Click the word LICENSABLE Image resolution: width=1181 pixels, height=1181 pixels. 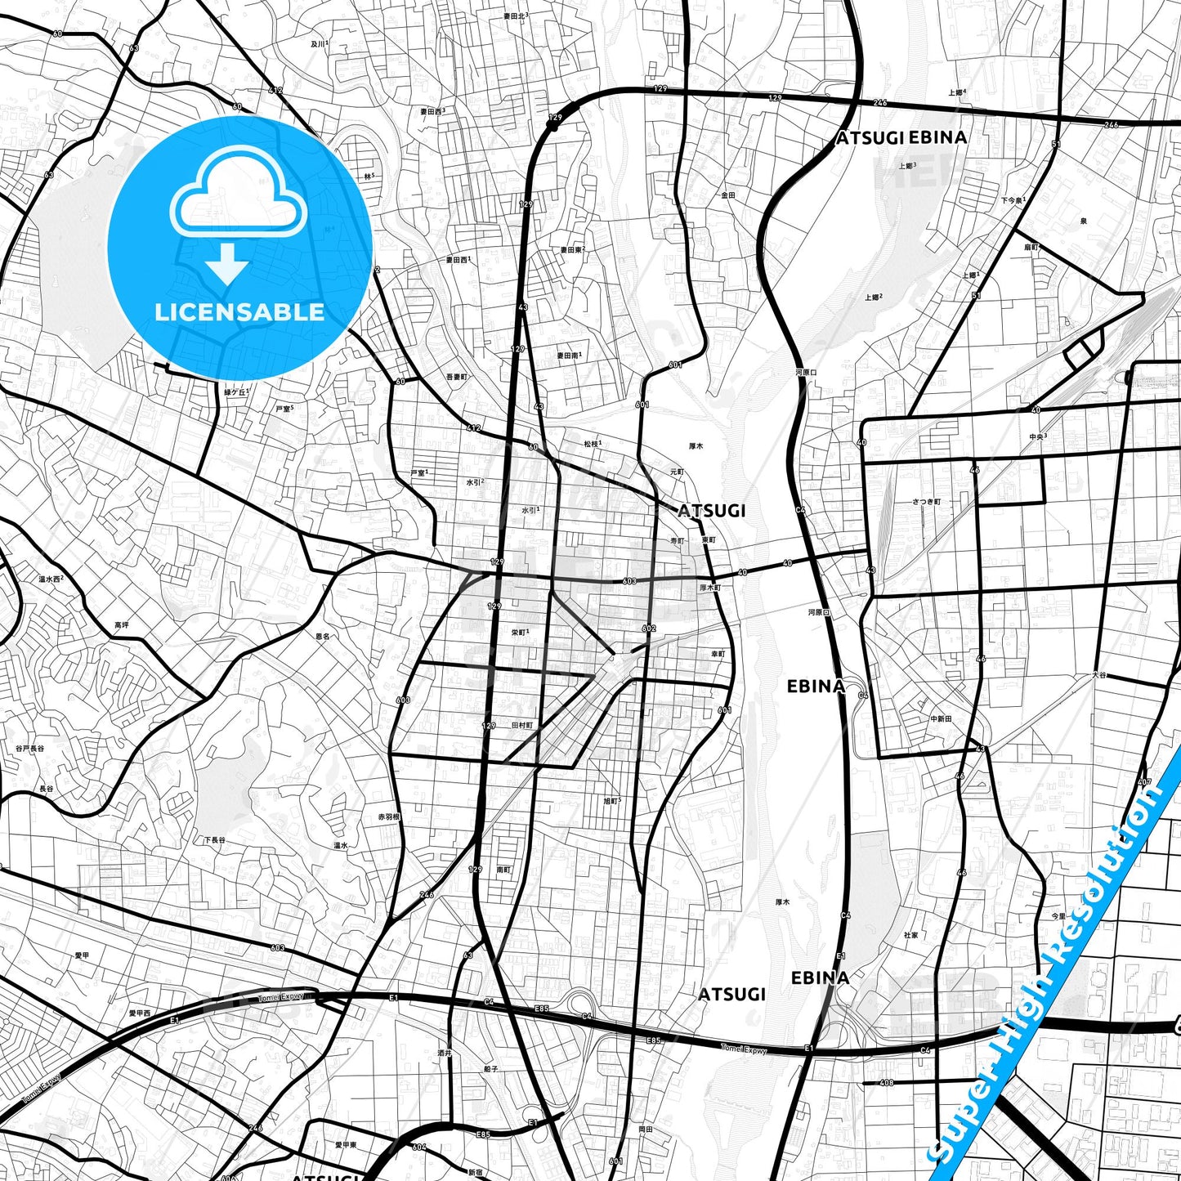(x=239, y=312)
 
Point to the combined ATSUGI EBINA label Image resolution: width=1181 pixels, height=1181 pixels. (x=901, y=138)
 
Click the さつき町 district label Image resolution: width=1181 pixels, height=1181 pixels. (x=927, y=502)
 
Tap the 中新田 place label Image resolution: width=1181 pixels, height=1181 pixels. (x=941, y=719)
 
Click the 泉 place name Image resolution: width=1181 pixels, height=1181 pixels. (x=1084, y=221)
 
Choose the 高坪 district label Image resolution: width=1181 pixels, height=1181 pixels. (x=122, y=625)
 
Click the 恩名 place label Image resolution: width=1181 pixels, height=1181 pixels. (x=322, y=636)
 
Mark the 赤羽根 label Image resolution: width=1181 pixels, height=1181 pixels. (x=388, y=816)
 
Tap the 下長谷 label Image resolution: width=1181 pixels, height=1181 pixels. (x=214, y=840)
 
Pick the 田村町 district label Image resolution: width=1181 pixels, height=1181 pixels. (x=521, y=725)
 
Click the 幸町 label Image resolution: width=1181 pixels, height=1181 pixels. (x=718, y=654)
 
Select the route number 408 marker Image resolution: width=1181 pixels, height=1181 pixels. (x=887, y=1083)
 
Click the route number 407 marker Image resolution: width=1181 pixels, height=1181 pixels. (x=1144, y=783)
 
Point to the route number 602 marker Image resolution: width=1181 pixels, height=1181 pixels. (x=649, y=629)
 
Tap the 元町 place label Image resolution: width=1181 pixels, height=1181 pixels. (x=677, y=472)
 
